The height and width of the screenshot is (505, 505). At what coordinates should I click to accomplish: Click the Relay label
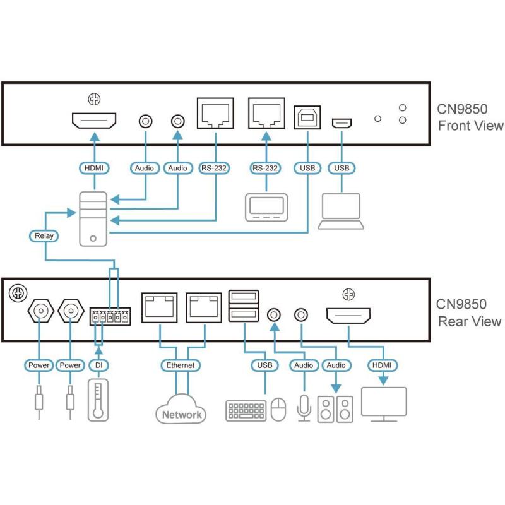[44, 237]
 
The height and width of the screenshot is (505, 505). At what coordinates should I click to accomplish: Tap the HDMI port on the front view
[94, 120]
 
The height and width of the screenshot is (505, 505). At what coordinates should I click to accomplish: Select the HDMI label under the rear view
[382, 365]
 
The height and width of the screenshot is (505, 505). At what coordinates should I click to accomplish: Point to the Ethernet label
[181, 365]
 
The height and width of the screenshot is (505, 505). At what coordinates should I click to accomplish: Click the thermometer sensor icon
[97, 399]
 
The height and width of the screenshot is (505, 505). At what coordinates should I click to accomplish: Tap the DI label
[97, 365]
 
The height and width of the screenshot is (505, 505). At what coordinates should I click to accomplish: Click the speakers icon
[335, 409]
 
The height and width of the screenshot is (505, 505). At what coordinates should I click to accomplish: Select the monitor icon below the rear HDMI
[383, 405]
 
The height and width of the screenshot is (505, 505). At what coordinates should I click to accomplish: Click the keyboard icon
[246, 410]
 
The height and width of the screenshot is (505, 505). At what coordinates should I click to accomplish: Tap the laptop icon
[341, 211]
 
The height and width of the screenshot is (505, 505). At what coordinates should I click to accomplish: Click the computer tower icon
[93, 218]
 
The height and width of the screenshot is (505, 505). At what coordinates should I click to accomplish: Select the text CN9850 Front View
[470, 117]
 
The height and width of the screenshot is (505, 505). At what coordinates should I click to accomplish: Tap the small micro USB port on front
[343, 122]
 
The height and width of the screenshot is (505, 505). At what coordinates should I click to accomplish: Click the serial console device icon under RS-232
[266, 207]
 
